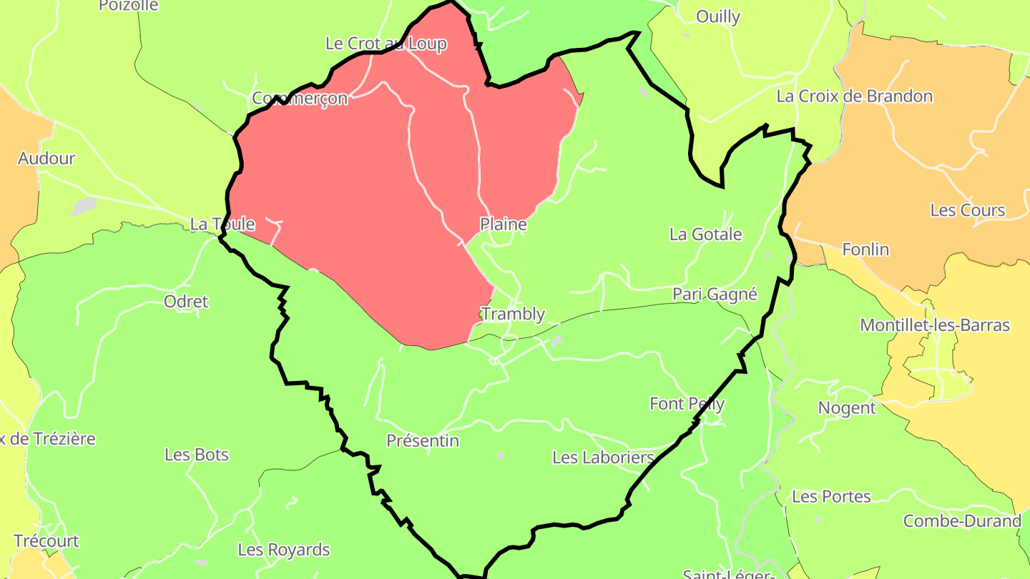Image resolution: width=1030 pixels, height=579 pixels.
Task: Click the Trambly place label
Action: coord(513,314)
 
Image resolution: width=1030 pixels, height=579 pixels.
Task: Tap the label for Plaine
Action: coord(504,224)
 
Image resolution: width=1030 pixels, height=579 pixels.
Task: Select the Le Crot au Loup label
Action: coord(386,44)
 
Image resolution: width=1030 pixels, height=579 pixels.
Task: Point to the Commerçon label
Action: coord(300,98)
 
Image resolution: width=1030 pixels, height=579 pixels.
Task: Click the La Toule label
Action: coord(222,224)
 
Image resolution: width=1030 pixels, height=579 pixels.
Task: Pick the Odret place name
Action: coord(186,302)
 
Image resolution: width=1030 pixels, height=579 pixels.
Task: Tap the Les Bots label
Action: coord(197,455)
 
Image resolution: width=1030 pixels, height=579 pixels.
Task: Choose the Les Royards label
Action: coord(284,550)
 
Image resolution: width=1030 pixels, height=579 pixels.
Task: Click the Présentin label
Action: coord(423,441)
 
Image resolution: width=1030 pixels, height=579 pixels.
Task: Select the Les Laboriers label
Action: coord(604,457)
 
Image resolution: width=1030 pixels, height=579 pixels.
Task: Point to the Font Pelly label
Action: coord(687,404)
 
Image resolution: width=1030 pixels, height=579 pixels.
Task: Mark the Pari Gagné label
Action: coord(715,295)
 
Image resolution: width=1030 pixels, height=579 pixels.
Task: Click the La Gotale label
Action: coord(705,234)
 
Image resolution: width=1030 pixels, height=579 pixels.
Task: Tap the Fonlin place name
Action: coord(865,249)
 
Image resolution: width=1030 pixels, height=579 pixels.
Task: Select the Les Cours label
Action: coord(968,210)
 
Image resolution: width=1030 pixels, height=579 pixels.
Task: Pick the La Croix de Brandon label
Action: coord(855,96)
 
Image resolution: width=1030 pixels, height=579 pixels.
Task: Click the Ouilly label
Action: coord(718,16)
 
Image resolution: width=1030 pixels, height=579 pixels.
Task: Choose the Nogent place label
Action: coord(847,408)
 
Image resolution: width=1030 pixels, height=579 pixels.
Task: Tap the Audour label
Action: coord(46,159)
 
